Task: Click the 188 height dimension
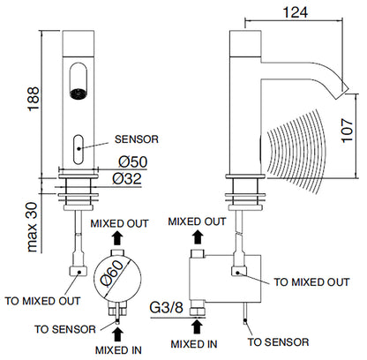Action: tap(34, 99)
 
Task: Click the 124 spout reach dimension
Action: tap(295, 12)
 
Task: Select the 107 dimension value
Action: tap(347, 131)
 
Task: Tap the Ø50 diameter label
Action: tap(132, 161)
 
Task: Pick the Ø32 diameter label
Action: tap(127, 178)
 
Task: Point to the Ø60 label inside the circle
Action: tap(111, 274)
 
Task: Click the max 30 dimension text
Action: tap(33, 227)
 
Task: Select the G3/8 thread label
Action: tap(166, 308)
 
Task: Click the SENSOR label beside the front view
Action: tap(137, 139)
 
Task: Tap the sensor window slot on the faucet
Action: tap(79, 149)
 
